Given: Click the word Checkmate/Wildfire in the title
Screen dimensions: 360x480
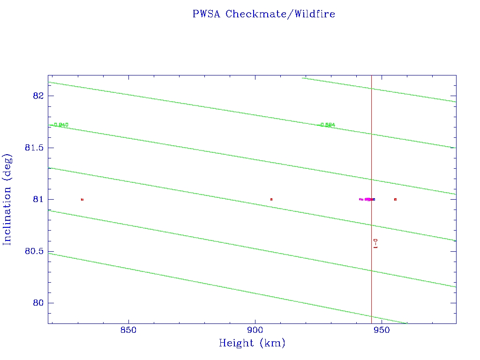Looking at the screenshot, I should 280,14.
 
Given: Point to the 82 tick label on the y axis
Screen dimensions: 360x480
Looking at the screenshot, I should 38,96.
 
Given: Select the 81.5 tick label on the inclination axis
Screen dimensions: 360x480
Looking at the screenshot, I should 34,148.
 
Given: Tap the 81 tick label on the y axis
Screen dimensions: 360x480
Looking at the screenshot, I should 38,199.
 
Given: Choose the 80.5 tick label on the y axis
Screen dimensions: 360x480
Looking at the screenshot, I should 34,251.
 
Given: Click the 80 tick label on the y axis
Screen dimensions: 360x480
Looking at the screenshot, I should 38,303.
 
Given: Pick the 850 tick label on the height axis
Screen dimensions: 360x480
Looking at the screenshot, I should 128,330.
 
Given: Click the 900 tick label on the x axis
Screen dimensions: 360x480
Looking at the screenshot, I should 255,330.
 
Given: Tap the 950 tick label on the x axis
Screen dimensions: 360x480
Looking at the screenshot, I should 382,330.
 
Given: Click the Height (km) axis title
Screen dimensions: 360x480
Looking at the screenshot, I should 252,344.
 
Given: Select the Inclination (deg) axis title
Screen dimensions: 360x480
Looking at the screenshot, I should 7,199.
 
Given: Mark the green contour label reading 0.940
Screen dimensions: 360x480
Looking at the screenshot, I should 61,125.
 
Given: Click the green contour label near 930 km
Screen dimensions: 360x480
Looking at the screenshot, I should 327,125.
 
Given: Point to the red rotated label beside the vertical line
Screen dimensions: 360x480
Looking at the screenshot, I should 375,243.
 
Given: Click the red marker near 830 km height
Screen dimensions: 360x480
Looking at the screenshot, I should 82,199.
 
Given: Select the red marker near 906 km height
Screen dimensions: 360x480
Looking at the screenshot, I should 271,199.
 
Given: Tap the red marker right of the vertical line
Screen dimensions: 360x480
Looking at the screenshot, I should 396,199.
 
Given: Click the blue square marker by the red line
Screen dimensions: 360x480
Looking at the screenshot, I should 374,199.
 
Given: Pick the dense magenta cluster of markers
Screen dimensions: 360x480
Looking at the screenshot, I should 368,199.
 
